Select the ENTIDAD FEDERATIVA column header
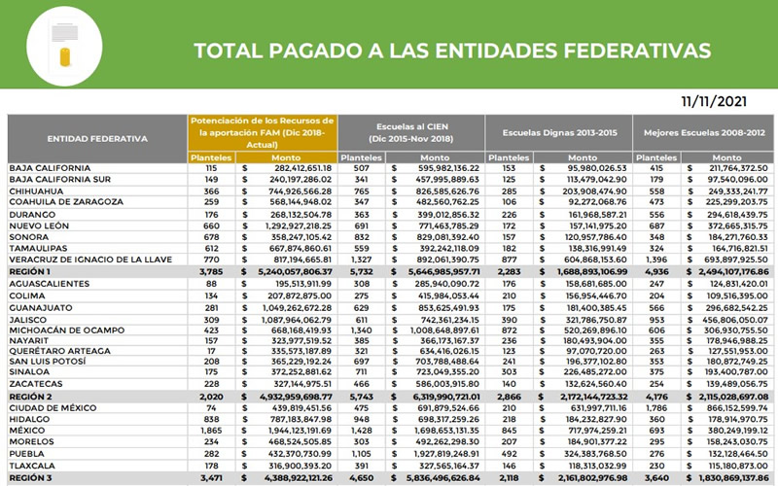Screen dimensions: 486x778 coord(97,138)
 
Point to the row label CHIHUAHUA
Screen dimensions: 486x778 coord(38,191)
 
